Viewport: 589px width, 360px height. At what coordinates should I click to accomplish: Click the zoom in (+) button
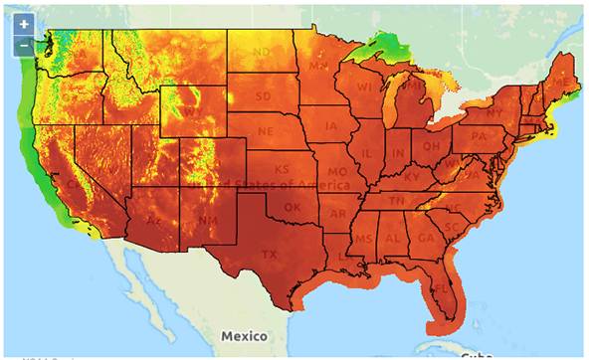coord(24,24)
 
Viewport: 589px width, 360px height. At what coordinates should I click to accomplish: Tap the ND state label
coord(262,52)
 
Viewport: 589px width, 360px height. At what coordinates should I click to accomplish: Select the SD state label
coord(264,96)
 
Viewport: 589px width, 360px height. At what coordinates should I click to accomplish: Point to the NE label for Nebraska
coord(266,131)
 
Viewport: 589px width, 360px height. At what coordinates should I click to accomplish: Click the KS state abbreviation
coord(282,170)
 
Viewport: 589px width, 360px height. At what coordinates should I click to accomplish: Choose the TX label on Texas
coord(269,255)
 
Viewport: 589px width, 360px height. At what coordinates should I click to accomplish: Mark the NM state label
coord(205,220)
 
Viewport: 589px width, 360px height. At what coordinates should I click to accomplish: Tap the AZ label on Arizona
coord(154,220)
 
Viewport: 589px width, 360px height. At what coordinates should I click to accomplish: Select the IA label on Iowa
coord(330,126)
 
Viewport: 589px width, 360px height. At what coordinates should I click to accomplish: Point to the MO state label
coord(344,170)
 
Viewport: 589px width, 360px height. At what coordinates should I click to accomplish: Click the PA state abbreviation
coord(480,135)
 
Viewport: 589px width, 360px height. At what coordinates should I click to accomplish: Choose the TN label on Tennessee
coord(396,201)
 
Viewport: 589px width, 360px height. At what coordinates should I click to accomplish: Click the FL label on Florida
coord(441,288)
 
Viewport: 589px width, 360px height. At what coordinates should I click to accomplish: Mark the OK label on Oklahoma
coord(292,208)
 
